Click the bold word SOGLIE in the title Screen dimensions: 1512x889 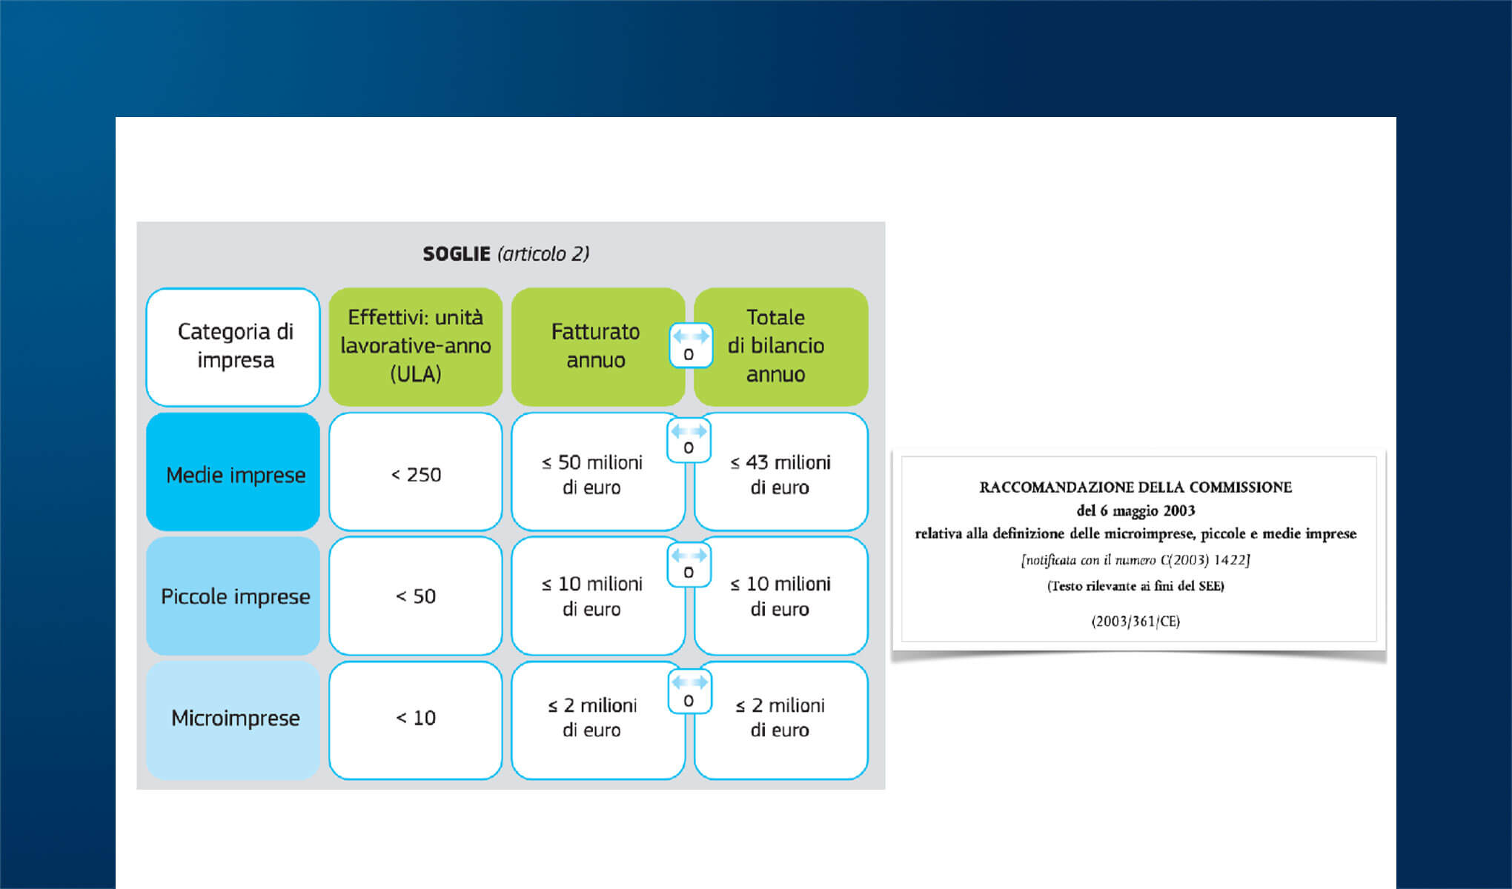[x=457, y=254]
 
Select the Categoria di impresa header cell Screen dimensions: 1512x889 [x=233, y=347]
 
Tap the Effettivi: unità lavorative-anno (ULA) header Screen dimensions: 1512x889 [x=416, y=347]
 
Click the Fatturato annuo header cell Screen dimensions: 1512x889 [x=596, y=347]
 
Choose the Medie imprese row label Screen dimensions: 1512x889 [x=233, y=472]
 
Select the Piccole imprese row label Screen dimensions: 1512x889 [x=233, y=596]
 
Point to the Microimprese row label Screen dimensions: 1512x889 [x=233, y=720]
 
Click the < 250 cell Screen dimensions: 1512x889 [x=416, y=472]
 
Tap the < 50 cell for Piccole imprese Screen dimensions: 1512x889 [x=416, y=596]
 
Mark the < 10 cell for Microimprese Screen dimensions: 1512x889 [x=416, y=720]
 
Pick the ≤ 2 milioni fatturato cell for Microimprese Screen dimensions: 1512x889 [x=596, y=720]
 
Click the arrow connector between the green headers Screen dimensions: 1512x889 [x=690, y=345]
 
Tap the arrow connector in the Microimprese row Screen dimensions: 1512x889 [x=689, y=691]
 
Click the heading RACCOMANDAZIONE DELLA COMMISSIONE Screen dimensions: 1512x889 [x=1135, y=487]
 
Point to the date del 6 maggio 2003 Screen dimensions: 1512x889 [x=1135, y=510]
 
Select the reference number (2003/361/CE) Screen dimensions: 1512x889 [x=1135, y=622]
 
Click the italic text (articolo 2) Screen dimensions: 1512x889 [x=544, y=254]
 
